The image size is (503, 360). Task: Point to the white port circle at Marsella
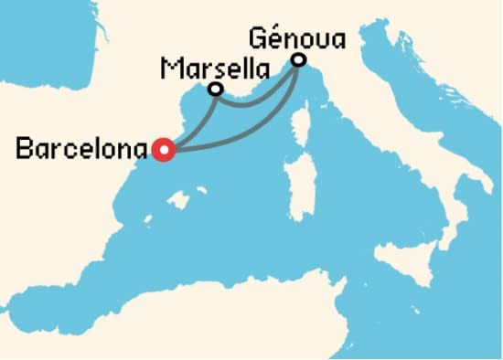click(x=216, y=90)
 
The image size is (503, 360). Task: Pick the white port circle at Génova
click(x=298, y=61)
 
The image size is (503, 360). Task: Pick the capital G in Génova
click(x=255, y=39)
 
